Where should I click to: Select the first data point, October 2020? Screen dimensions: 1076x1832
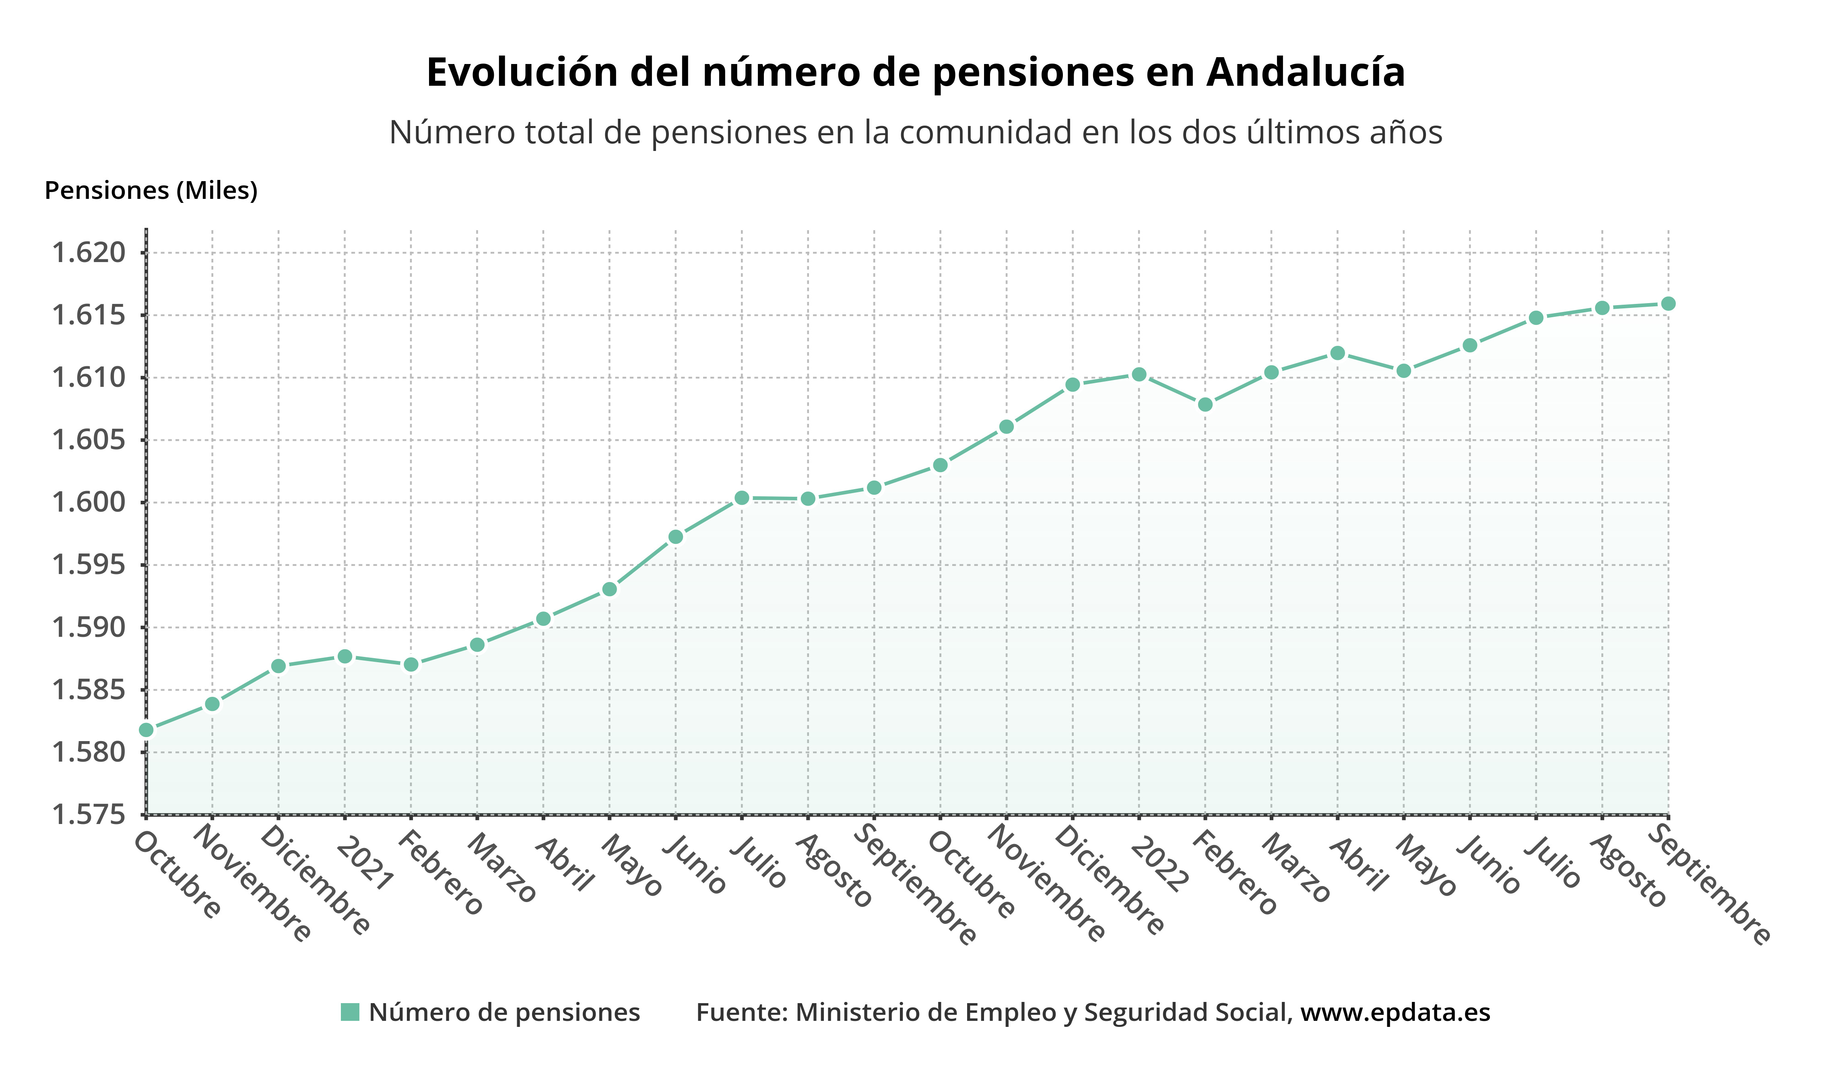[x=146, y=730]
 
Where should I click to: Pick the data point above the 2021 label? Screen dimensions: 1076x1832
[x=345, y=657]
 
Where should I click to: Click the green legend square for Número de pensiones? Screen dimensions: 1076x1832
[x=350, y=1012]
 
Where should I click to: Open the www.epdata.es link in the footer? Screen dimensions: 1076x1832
[x=1395, y=1012]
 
